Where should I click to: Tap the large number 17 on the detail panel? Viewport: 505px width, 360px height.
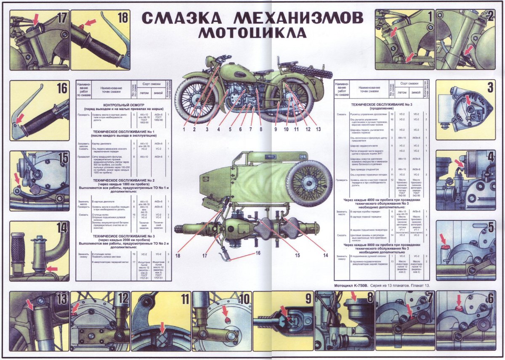(x=62, y=18)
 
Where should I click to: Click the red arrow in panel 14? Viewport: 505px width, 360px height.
(x=52, y=268)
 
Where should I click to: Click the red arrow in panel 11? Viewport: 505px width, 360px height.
(x=163, y=327)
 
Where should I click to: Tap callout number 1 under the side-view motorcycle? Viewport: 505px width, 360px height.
(x=184, y=129)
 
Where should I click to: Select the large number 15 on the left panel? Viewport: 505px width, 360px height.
(x=63, y=159)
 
